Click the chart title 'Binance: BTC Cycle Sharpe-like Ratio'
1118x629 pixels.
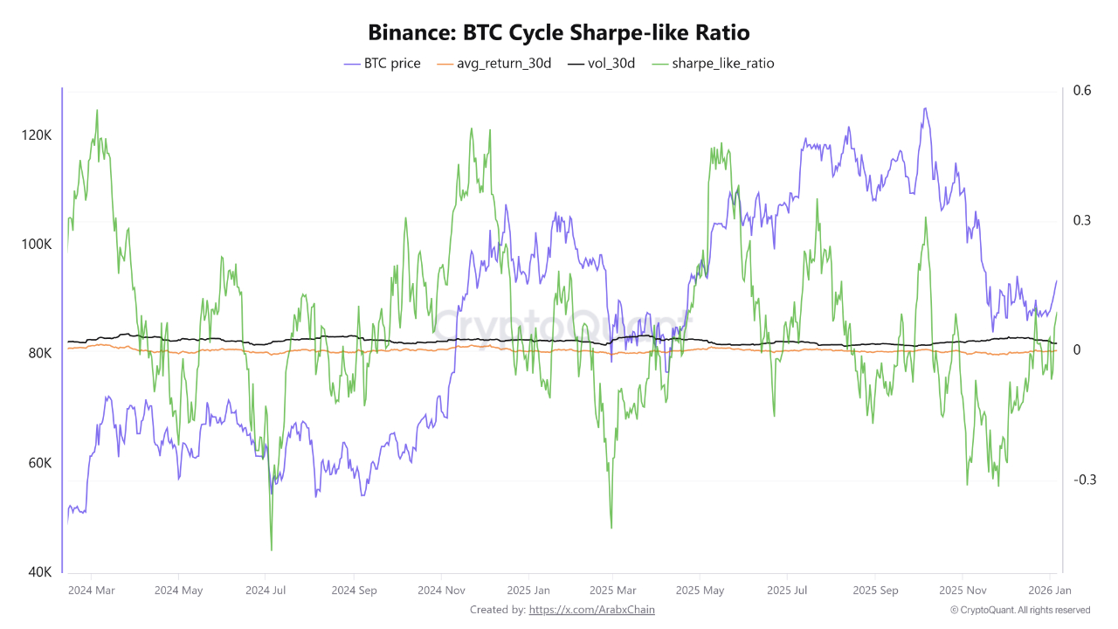point(559,32)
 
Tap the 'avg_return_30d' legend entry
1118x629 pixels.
point(493,64)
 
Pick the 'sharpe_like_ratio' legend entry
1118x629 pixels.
point(713,64)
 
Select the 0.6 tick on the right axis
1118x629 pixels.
point(1083,90)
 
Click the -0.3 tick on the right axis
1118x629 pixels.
point(1084,480)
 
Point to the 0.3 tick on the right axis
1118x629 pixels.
point(1083,220)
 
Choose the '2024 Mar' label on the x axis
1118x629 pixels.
point(92,591)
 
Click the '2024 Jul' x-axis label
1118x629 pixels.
point(265,591)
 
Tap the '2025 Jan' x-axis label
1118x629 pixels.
point(528,591)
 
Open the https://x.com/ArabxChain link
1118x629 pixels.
point(591,610)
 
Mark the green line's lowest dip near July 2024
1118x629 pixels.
point(271,550)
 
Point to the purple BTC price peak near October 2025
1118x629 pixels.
point(924,109)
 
